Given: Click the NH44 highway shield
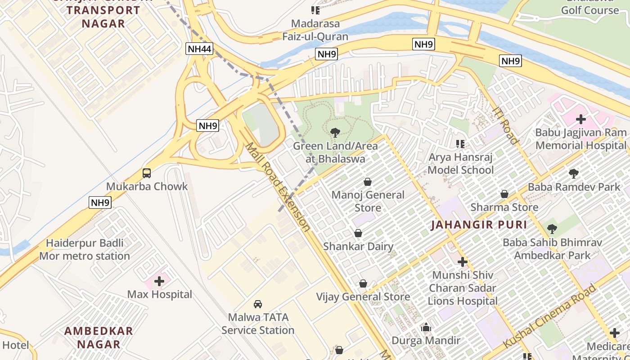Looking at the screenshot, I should (x=199, y=49).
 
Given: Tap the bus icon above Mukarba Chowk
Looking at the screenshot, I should (x=147, y=173).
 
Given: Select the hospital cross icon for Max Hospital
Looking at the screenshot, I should (x=159, y=281).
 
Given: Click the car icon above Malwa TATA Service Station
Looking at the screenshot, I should (x=258, y=304).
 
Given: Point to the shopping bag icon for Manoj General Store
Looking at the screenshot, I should (x=368, y=182).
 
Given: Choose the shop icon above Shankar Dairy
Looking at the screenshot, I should (x=358, y=233).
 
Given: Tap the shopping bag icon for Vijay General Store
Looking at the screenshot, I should (x=363, y=283).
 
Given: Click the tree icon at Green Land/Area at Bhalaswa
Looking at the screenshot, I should (x=335, y=133).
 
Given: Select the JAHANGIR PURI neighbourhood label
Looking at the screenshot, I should (x=478, y=225).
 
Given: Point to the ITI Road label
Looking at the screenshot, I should (x=506, y=125).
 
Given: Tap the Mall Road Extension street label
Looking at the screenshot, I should (x=277, y=187).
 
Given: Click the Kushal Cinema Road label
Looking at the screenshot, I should (x=550, y=315).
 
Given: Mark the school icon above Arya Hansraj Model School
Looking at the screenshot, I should (x=460, y=144).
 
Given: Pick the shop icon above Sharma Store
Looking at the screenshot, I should (x=504, y=194).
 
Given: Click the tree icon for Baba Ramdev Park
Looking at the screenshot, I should (x=573, y=173).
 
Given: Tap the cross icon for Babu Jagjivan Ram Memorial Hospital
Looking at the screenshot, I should (x=581, y=119).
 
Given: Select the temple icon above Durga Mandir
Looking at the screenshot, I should (x=426, y=327).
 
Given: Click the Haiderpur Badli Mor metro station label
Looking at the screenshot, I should (x=85, y=250).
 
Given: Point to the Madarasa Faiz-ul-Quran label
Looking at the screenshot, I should (x=315, y=30).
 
